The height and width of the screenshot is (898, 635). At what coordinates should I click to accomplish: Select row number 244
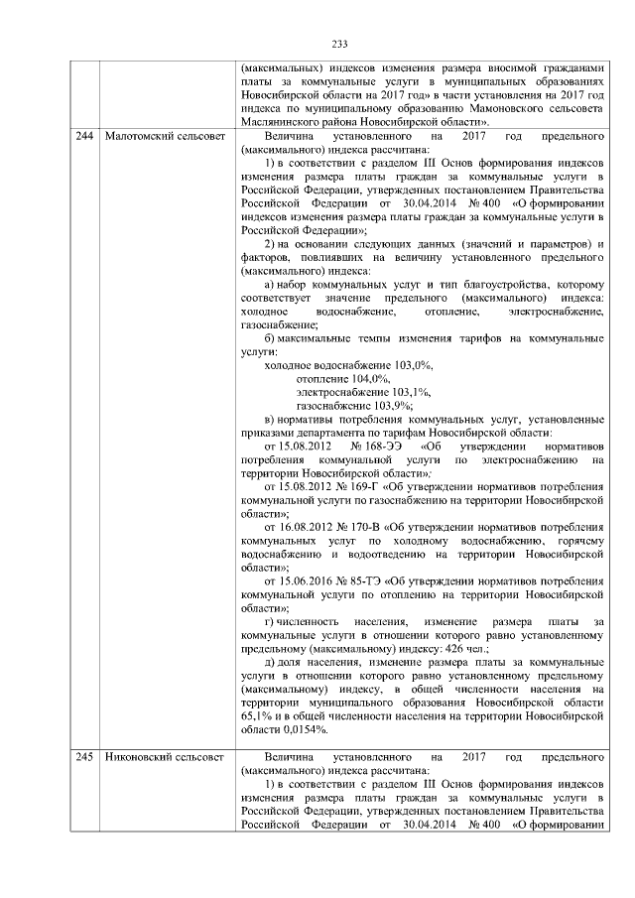(84, 134)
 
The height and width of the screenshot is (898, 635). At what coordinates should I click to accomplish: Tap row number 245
(84, 758)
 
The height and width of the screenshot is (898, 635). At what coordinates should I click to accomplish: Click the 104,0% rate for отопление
(370, 379)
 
